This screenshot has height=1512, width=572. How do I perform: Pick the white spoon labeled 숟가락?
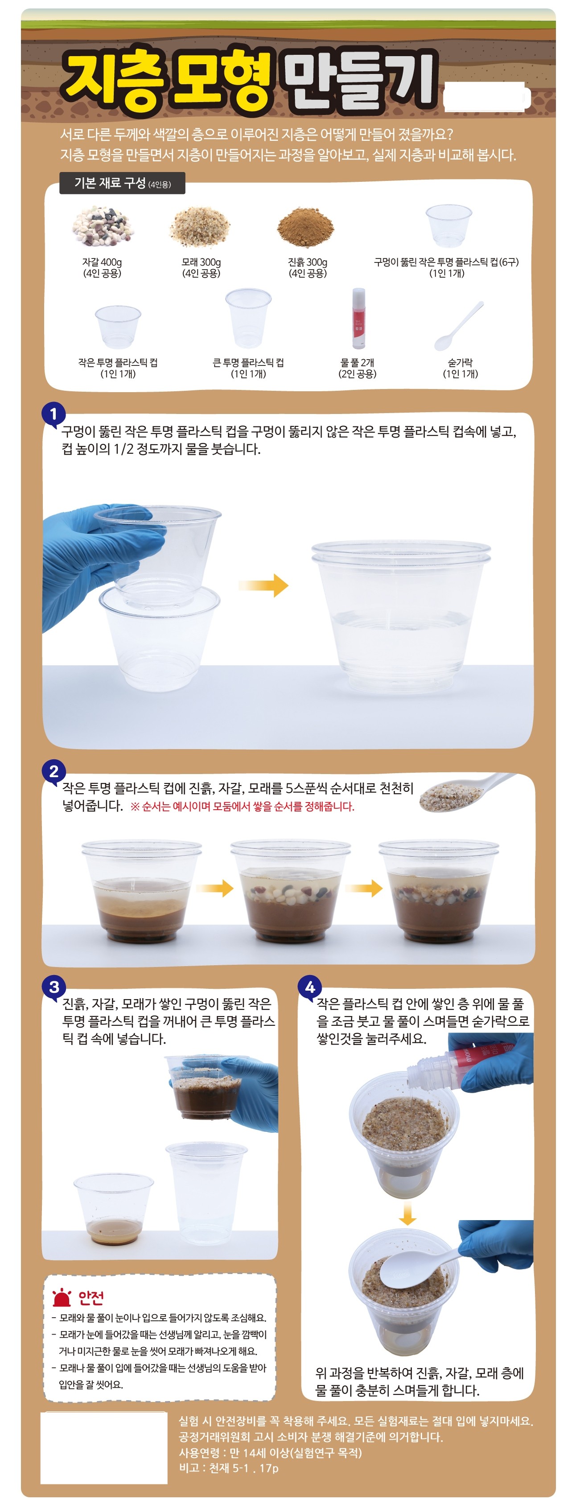pyautogui.click(x=459, y=326)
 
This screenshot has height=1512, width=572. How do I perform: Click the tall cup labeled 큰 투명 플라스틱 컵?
pyautogui.click(x=248, y=319)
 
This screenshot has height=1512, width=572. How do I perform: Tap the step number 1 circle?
pyautogui.click(x=53, y=414)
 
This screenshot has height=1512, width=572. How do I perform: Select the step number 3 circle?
pyautogui.click(x=53, y=987)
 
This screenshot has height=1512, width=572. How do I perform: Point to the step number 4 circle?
pyautogui.click(x=309, y=987)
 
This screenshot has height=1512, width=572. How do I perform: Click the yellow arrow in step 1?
pyautogui.click(x=263, y=585)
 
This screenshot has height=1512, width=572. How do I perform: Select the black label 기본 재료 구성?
pyautogui.click(x=122, y=183)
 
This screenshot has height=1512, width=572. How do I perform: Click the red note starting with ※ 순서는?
pyautogui.click(x=243, y=807)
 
